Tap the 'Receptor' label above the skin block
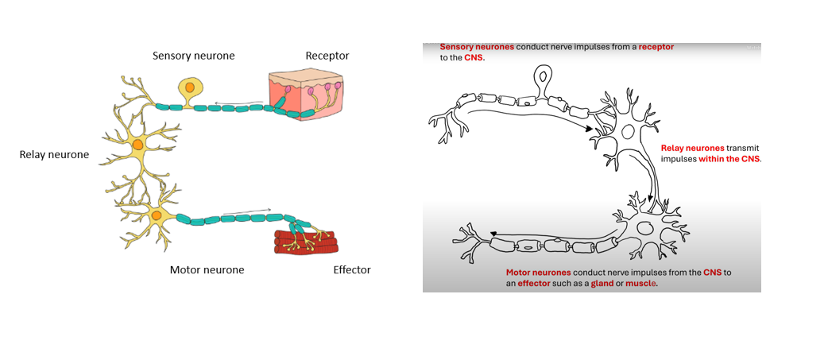pyautogui.click(x=327, y=56)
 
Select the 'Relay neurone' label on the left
pyautogui.click(x=54, y=153)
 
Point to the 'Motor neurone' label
pyautogui.click(x=207, y=269)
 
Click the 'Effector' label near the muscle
pyautogui.click(x=351, y=269)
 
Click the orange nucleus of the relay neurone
pyautogui.click(x=137, y=145)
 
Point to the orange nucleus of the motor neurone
pyautogui.click(x=157, y=215)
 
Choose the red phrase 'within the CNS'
pyautogui.click(x=729, y=159)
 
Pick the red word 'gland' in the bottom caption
pyautogui.click(x=602, y=283)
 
